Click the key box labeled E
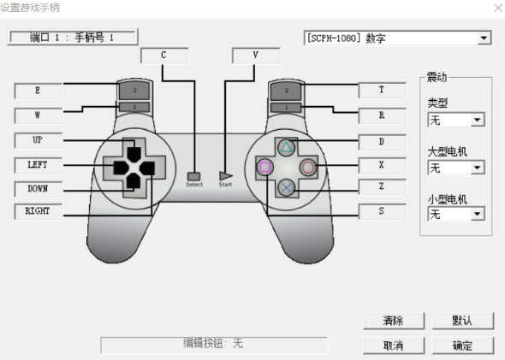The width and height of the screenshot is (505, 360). pyautogui.click(x=38, y=90)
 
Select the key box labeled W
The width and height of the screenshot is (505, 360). pyautogui.click(x=38, y=115)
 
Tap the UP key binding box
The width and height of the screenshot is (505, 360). pyautogui.click(x=38, y=139)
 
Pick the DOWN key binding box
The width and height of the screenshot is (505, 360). pyautogui.click(x=38, y=188)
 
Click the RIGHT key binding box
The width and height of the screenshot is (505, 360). pyautogui.click(x=38, y=211)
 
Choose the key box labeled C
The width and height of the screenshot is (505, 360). pyautogui.click(x=163, y=56)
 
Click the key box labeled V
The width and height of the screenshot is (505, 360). pyautogui.click(x=256, y=56)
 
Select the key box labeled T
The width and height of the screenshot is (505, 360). pyautogui.click(x=382, y=90)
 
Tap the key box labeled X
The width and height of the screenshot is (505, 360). pyautogui.click(x=382, y=163)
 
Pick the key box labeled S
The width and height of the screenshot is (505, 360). pyautogui.click(x=382, y=210)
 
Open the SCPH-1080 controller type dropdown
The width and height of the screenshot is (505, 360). pyautogui.click(x=484, y=38)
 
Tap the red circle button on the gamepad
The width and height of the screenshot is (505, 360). pyautogui.click(x=306, y=167)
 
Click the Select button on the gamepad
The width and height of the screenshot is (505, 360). pyautogui.click(x=194, y=175)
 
